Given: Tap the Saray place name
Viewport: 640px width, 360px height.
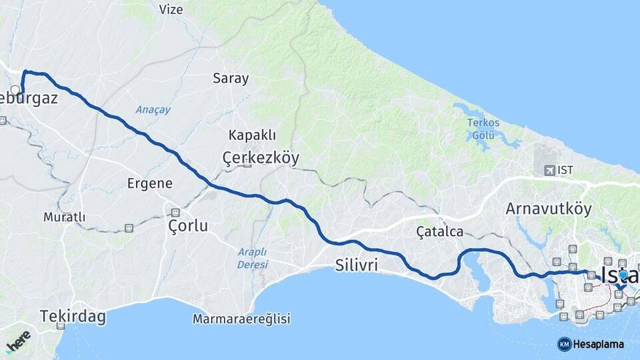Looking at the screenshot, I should pos(231,78).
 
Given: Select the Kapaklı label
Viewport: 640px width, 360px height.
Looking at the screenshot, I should pos(252,135).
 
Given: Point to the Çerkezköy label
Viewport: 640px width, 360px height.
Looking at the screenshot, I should pos(261,158).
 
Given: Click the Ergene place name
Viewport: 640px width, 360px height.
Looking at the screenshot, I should pos(150,183).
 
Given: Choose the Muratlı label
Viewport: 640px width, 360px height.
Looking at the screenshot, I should pos(65,217).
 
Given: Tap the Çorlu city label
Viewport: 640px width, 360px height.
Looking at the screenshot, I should pos(188,226).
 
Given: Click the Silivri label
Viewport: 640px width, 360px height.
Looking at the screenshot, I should pos(356,266).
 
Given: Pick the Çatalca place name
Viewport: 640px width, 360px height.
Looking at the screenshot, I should pos(439,231).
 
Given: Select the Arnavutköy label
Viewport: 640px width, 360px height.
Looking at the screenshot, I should pos(549,209).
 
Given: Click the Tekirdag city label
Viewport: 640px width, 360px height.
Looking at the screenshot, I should pos(73,316).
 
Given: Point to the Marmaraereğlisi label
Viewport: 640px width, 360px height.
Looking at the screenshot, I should pos(241,319).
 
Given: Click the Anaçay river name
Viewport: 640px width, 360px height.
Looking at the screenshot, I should pos(153,109).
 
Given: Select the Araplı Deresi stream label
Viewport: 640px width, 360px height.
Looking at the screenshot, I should pos(252,258).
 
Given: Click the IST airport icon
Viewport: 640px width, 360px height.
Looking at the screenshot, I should pos(550,171).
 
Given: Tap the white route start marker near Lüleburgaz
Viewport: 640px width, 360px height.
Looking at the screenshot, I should pos(15,89).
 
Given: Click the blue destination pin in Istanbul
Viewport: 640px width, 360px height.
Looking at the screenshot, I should pos(623,274).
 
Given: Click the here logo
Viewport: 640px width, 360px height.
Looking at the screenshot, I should pos(18,341).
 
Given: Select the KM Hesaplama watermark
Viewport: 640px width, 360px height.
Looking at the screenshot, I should pos(591,344).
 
